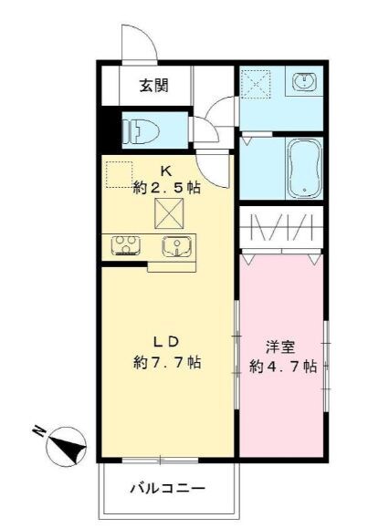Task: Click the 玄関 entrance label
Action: pos(152,87)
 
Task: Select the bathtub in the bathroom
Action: pos(302,168)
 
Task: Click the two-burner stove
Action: pos(125,244)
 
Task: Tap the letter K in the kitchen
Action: pos(166,171)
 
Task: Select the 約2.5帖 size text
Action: pos(166,189)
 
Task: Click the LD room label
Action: pos(164,343)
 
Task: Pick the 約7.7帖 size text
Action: pos(166,362)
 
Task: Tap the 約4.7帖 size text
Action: pos(283,367)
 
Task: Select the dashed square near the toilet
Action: pos(119,174)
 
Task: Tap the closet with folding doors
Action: pos(282,228)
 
